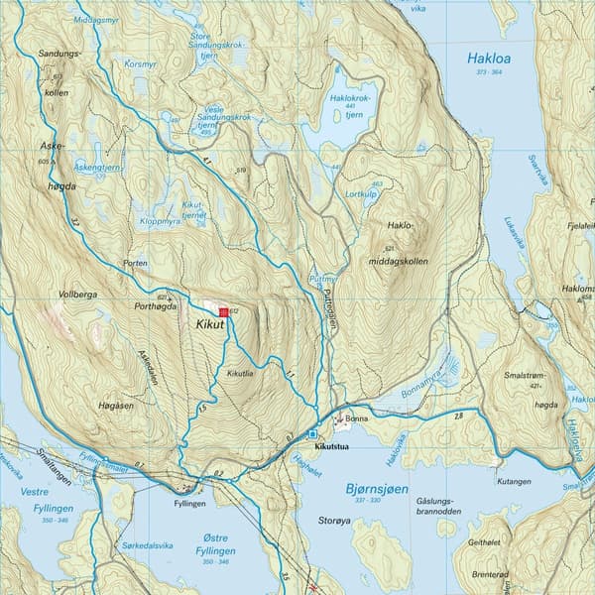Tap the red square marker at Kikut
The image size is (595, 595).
pos(223,311)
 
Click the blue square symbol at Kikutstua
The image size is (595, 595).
pos(312,433)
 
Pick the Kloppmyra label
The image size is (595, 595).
pos(161,221)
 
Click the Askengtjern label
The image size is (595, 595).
pos(97,169)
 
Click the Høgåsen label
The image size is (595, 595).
pos(116,404)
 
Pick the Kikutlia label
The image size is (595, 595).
pos(241,373)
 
